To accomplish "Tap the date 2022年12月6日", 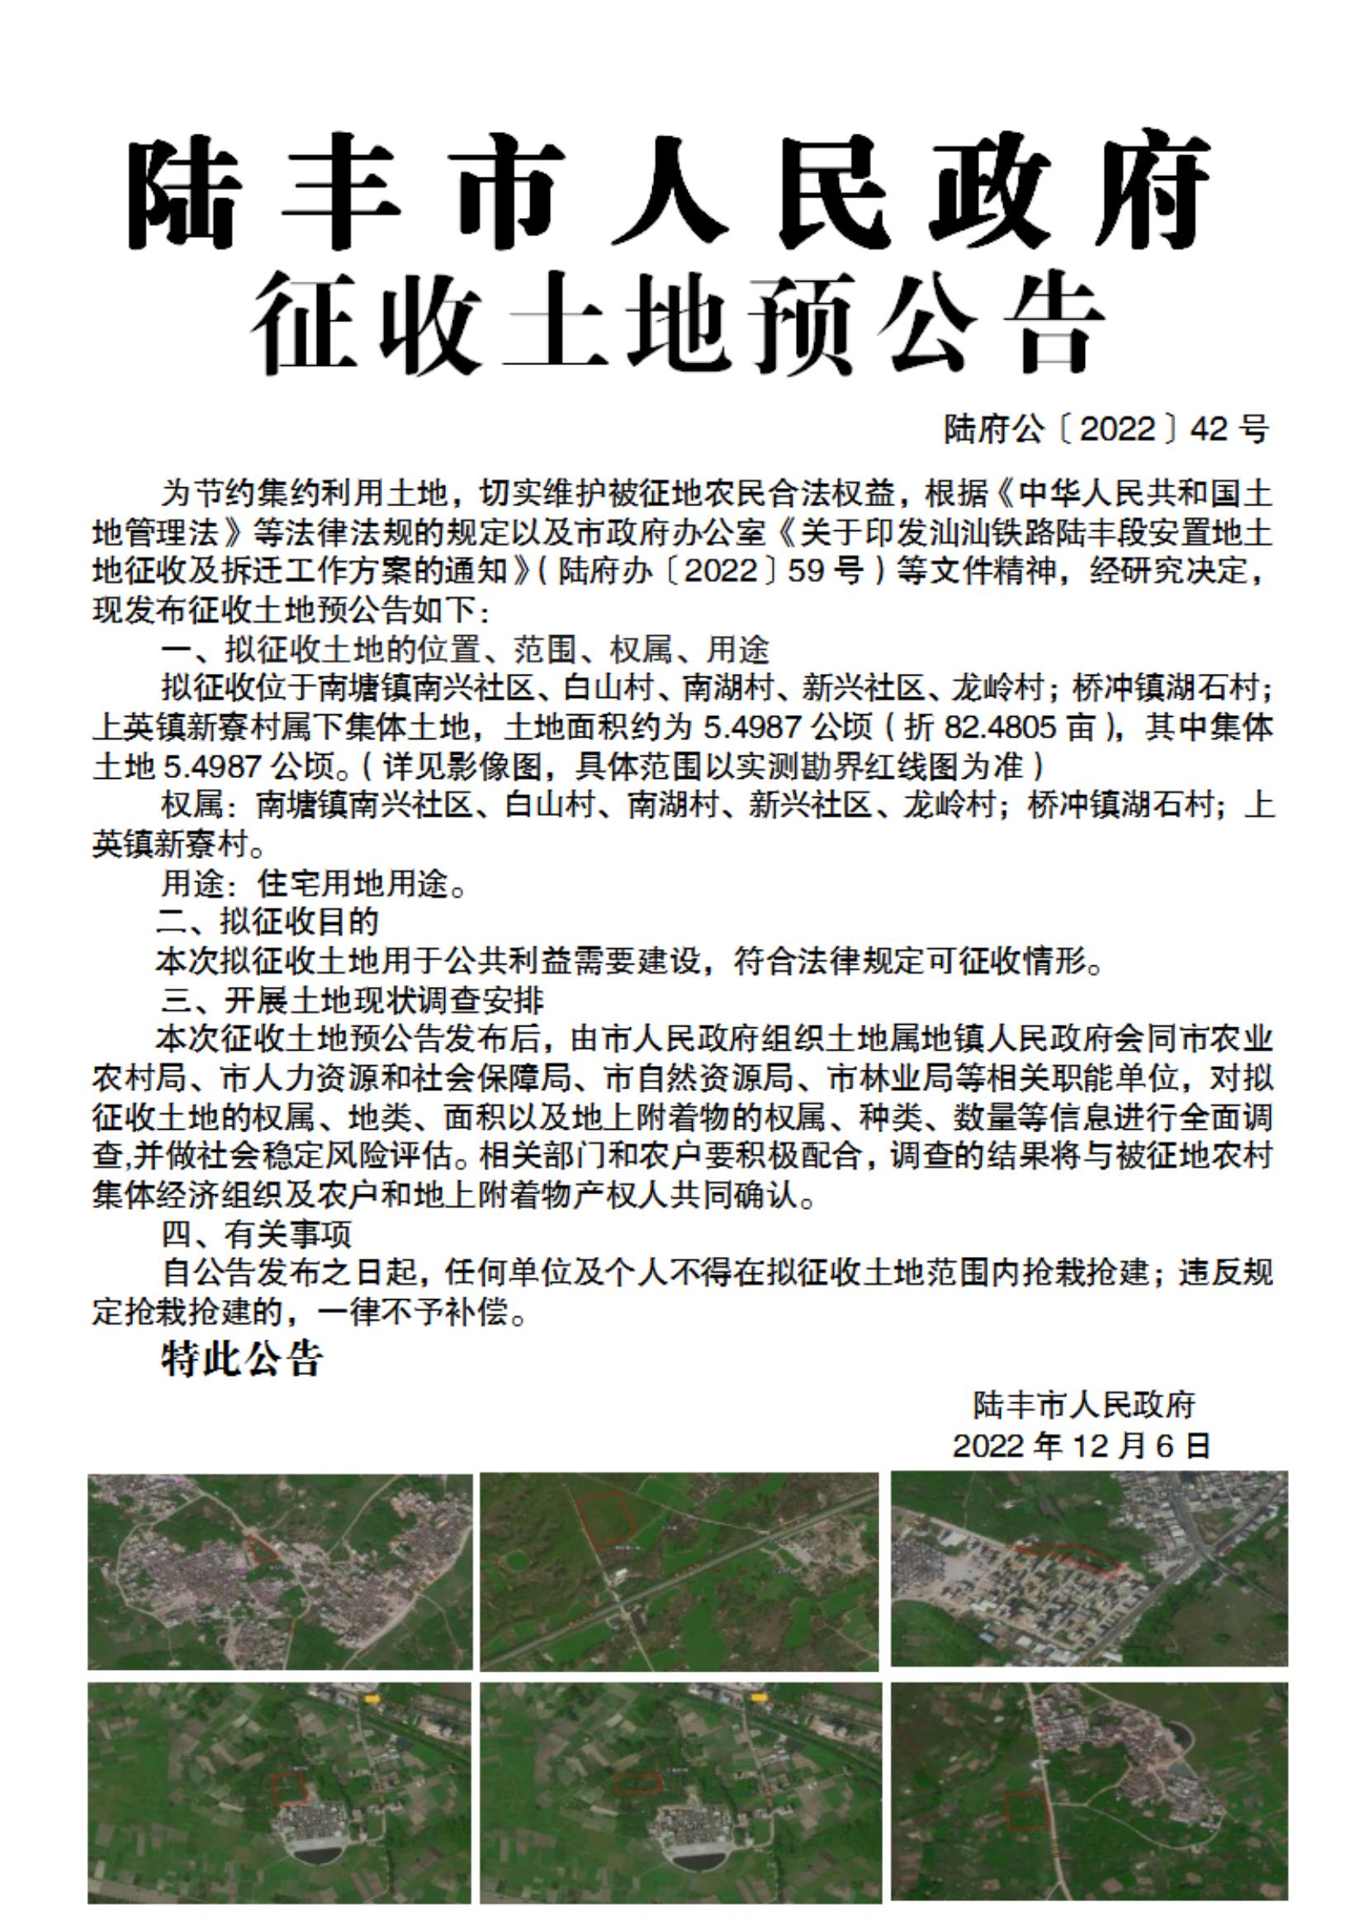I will pos(1082,1445).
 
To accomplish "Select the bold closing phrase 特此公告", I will pos(241,1359).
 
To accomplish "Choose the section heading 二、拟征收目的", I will pos(269,922).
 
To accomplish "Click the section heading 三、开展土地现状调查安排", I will pos(353,998).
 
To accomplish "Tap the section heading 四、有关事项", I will pos(257,1234).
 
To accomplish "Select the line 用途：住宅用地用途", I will pos(314,884).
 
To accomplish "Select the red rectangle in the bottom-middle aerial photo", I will pos(637,1781).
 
